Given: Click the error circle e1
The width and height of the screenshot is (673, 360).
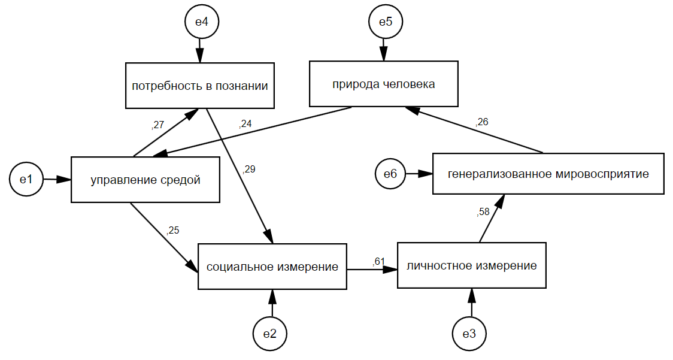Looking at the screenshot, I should pos(26,179).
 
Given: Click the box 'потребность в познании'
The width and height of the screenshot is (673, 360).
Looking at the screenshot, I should pos(199,86).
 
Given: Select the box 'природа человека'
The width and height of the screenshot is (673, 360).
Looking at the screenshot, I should pos(383,84).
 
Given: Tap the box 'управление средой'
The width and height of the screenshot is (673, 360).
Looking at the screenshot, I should pos(145,179).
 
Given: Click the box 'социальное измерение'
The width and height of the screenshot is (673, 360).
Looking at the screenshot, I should pos(272,267).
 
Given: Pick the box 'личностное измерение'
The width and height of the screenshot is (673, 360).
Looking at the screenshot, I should pos(471,265).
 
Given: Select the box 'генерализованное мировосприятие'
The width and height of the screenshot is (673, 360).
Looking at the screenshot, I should pos(548,174).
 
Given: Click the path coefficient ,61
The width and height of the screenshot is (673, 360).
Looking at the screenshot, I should pos(378,261).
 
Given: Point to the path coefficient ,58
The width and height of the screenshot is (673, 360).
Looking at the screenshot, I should pos(483,211).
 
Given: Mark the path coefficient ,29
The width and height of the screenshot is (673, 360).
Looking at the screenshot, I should pos(249,170).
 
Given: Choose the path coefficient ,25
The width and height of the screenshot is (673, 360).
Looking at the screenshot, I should pos(173,230).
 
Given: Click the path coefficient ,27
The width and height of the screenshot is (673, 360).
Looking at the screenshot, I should pos(158,125).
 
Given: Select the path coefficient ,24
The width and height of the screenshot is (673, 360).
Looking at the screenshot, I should pos(245,125).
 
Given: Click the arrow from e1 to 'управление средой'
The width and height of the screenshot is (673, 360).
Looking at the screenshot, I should pos(57,179).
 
